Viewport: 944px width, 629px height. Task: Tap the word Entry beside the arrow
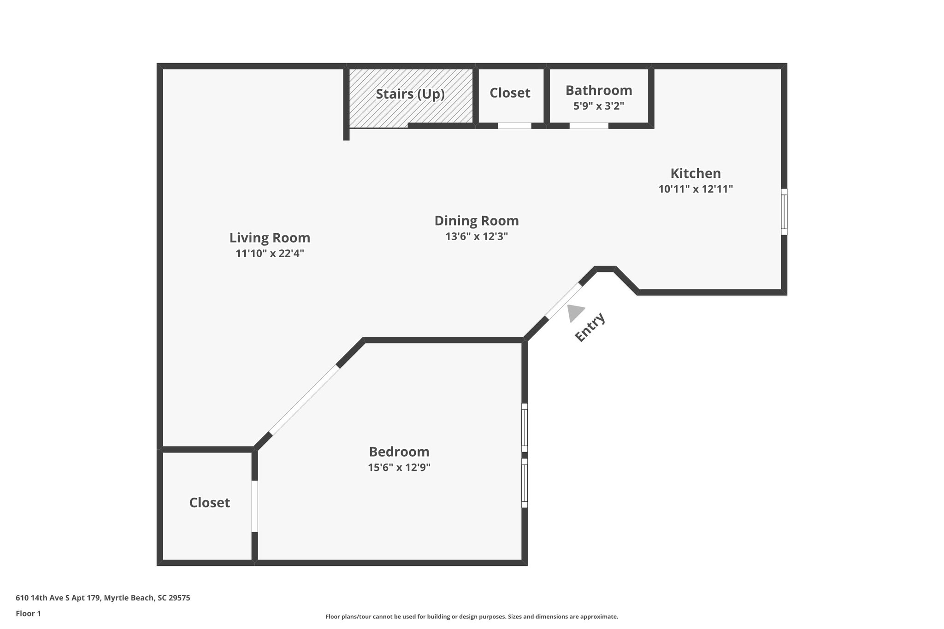(590, 327)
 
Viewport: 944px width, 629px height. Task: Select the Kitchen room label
(695, 174)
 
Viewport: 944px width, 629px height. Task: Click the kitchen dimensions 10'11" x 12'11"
(695, 189)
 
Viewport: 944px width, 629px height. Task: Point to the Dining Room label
(476, 221)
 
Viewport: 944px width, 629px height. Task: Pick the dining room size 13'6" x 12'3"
(476, 237)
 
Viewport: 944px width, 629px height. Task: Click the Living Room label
(270, 238)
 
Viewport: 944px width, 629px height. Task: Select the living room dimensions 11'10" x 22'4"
(270, 253)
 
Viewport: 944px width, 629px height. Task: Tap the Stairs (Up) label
(410, 94)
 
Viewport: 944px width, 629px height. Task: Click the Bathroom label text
(598, 90)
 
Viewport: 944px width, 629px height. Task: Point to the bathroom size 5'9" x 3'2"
(598, 106)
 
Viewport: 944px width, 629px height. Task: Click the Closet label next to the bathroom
(510, 93)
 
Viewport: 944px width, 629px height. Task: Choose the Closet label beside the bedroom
(209, 503)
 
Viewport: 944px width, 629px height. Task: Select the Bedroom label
(399, 452)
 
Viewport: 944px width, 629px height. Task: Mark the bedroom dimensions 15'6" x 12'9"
(399, 468)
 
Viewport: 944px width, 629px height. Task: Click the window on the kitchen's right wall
(784, 212)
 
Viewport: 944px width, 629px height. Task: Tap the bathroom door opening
(589, 125)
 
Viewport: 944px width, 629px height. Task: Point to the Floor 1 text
(28, 613)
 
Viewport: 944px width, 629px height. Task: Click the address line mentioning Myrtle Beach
(103, 598)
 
